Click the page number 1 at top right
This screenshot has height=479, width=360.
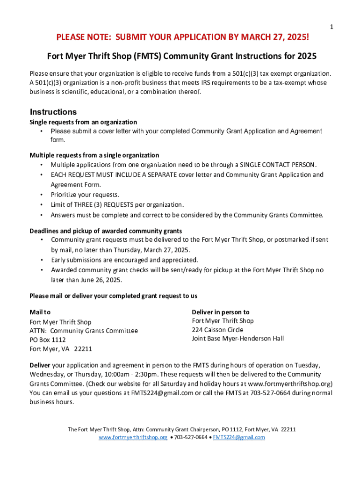pos(331,28)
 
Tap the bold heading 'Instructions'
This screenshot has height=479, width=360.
pos(53,112)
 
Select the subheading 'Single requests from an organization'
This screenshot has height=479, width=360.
pos(83,122)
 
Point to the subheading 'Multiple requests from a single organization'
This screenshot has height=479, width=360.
pos(94,155)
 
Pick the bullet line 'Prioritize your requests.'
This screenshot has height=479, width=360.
pos(85,195)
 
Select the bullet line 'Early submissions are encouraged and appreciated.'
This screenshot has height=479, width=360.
pos(124,260)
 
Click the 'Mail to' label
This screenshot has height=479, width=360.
pos(40,312)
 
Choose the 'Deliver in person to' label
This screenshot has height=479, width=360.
pos(221,312)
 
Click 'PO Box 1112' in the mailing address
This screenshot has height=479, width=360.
pos(48,340)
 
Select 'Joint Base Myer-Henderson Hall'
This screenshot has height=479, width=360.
pos(238,339)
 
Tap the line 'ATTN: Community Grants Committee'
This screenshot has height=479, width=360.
pos(84,331)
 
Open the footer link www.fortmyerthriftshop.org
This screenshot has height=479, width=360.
pos(133,437)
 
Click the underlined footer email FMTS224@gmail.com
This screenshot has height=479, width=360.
pos(239,437)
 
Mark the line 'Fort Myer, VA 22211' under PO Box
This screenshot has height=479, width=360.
pos(61,349)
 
